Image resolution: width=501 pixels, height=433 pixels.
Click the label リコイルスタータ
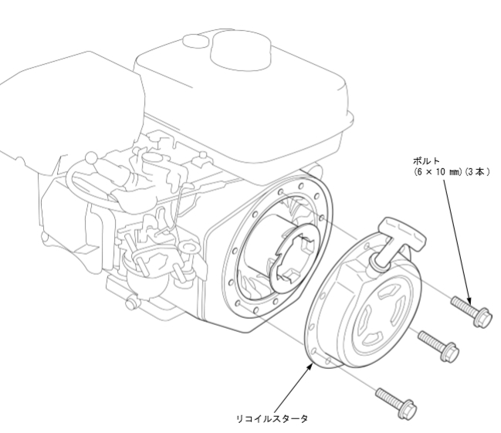point(272,418)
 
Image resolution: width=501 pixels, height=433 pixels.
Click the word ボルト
point(426,161)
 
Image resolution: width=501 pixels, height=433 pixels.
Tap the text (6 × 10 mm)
point(438,172)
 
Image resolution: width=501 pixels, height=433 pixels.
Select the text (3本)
point(477,172)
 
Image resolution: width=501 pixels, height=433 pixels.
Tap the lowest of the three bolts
point(396,403)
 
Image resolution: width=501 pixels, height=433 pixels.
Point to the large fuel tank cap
point(241,49)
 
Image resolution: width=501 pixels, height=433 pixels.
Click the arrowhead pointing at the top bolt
point(469,300)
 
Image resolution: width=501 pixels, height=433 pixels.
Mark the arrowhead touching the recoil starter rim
point(310,367)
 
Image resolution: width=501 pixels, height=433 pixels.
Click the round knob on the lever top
point(91,157)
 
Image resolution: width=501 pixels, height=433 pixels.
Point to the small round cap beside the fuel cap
point(195,41)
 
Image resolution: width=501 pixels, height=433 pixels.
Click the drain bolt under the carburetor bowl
point(130,303)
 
